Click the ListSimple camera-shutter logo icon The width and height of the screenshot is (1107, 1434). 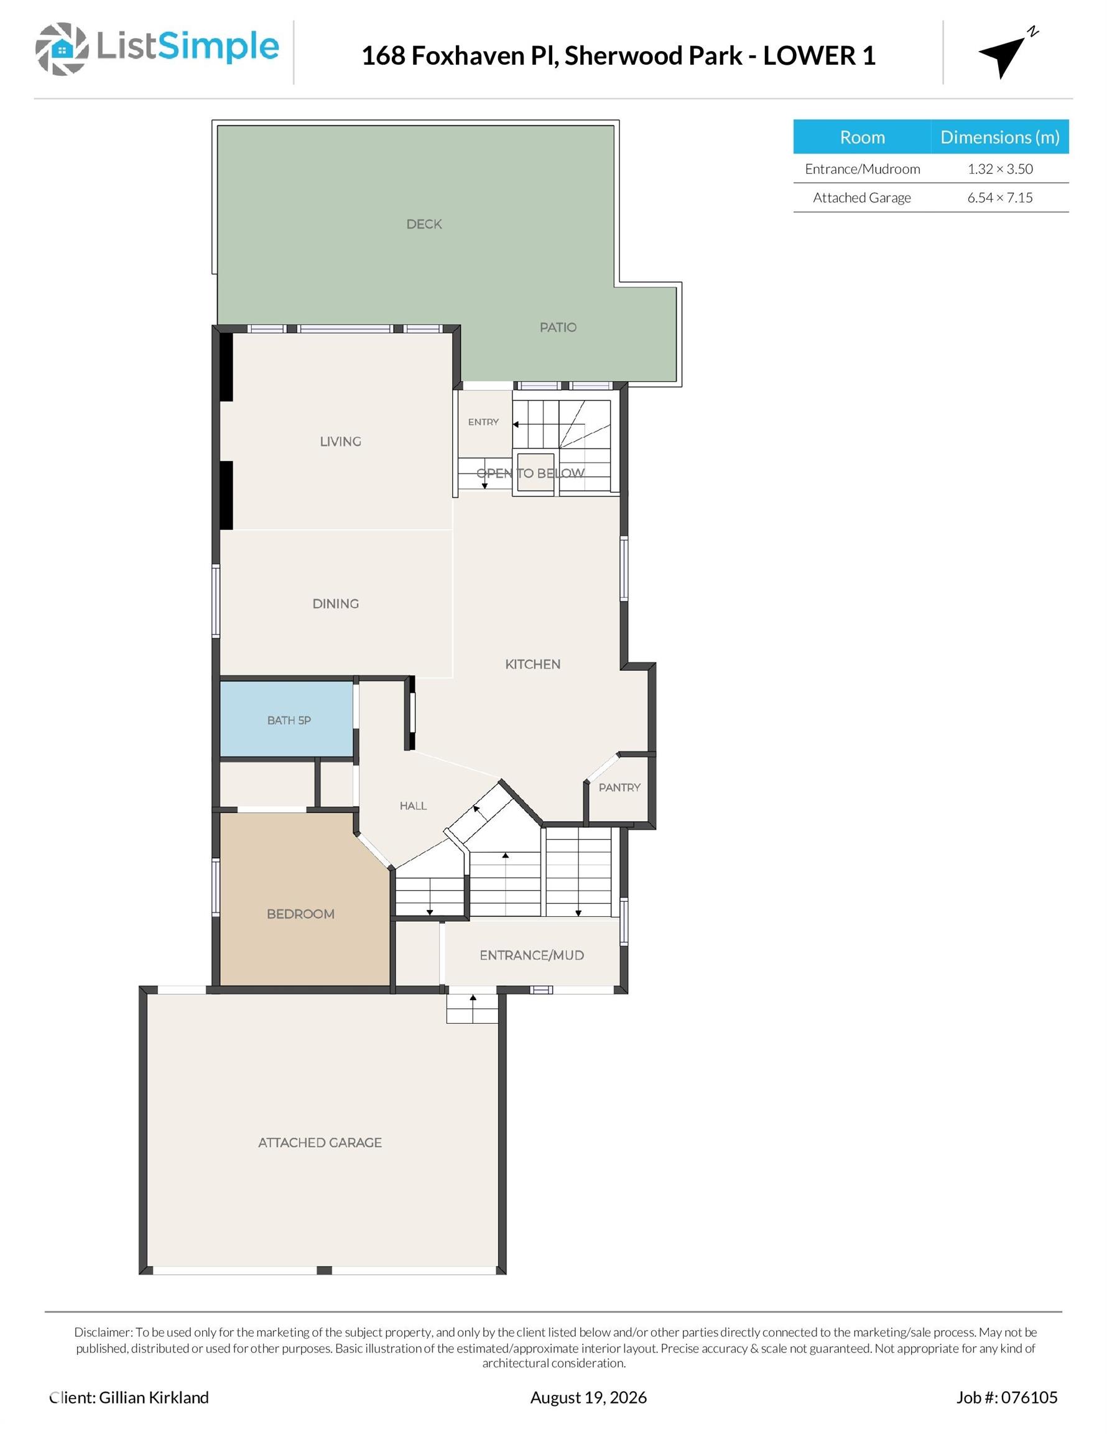click(x=62, y=49)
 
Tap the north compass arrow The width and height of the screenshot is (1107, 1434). click(x=1004, y=55)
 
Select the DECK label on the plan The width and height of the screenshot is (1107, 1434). click(x=424, y=224)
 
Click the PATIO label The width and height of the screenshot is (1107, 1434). click(x=558, y=327)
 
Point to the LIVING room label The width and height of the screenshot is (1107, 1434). click(x=341, y=441)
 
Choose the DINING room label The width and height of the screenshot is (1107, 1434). click(x=335, y=603)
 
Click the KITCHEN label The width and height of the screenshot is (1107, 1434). click(x=533, y=664)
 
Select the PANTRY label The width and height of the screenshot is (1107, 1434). click(x=619, y=787)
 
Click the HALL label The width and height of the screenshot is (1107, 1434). click(x=414, y=805)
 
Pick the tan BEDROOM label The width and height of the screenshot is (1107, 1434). click(x=300, y=914)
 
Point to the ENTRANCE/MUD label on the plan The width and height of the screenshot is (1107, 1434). click(x=532, y=955)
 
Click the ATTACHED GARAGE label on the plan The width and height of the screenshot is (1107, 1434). click(x=320, y=1143)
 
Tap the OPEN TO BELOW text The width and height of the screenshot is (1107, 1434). click(x=530, y=473)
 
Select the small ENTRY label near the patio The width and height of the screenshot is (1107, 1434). click(x=483, y=421)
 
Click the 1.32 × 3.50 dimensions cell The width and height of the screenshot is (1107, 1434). click(x=1000, y=169)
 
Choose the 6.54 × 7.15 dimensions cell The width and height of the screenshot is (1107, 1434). click(x=1000, y=198)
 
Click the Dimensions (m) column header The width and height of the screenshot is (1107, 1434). click(x=1000, y=136)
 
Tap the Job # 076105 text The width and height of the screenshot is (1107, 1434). click(x=1007, y=1397)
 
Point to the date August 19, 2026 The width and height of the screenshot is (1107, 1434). click(x=588, y=1397)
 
